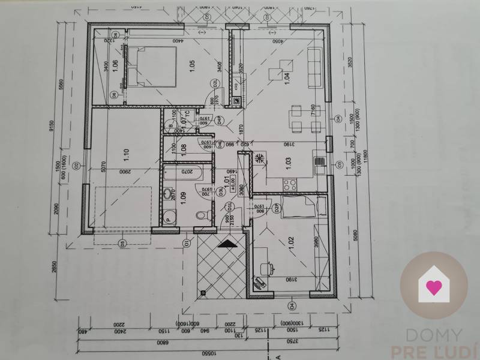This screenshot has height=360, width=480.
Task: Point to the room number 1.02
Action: [x=292, y=243]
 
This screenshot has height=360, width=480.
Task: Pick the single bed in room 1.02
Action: [x=298, y=207]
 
